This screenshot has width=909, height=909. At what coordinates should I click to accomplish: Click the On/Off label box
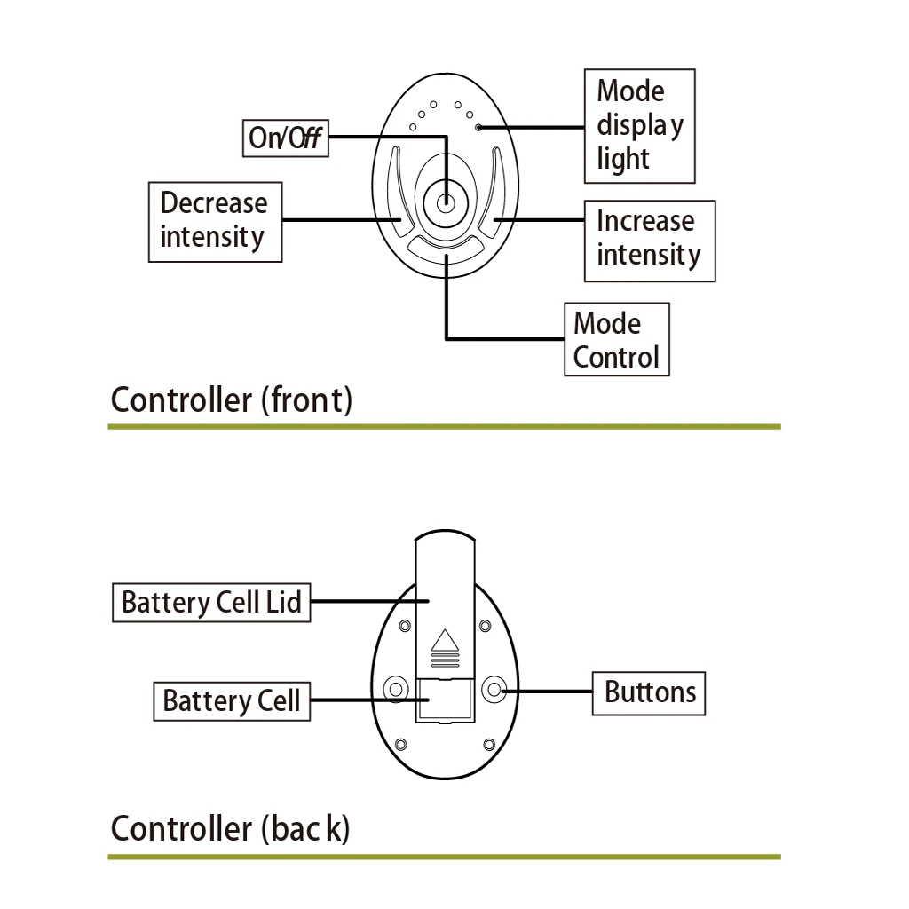[x=285, y=138]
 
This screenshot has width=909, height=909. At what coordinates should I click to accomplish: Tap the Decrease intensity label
[x=214, y=221]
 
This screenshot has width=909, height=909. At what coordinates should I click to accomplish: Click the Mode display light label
[x=639, y=126]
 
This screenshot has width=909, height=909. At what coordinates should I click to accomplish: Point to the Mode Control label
[x=616, y=340]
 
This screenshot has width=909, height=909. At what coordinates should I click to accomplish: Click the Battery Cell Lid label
[x=211, y=603]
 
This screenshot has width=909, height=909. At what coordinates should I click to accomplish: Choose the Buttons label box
[x=649, y=692]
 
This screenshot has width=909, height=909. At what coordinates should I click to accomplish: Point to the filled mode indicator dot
[x=479, y=128]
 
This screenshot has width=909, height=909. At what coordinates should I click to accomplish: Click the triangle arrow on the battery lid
[x=445, y=641]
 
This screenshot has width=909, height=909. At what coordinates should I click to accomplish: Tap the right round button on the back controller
[x=494, y=689]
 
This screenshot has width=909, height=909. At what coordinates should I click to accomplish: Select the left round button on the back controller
[x=395, y=689]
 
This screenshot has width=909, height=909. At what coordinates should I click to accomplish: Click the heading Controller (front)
[x=231, y=400]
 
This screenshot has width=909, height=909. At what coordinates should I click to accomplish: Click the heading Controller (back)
[x=230, y=829]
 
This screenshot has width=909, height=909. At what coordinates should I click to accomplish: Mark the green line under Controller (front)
[x=444, y=427]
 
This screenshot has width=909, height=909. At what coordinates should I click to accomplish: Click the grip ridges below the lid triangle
[x=445, y=661]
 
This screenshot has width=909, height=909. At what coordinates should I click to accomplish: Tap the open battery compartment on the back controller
[x=445, y=701]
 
